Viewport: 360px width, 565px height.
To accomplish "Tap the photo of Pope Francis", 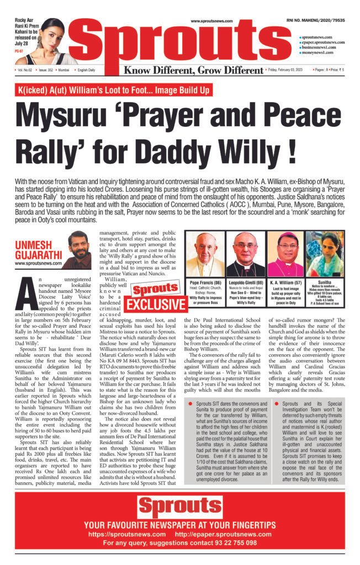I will [205, 254].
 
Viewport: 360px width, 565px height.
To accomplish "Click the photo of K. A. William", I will [285, 254].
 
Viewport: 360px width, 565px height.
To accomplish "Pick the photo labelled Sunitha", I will [325, 254].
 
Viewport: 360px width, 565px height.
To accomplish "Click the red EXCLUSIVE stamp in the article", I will [154, 305].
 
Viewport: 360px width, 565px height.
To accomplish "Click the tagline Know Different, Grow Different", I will [193, 71].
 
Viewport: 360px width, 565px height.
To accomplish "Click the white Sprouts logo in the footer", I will [179, 507].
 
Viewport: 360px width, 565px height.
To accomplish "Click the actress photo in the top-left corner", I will [55, 41].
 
